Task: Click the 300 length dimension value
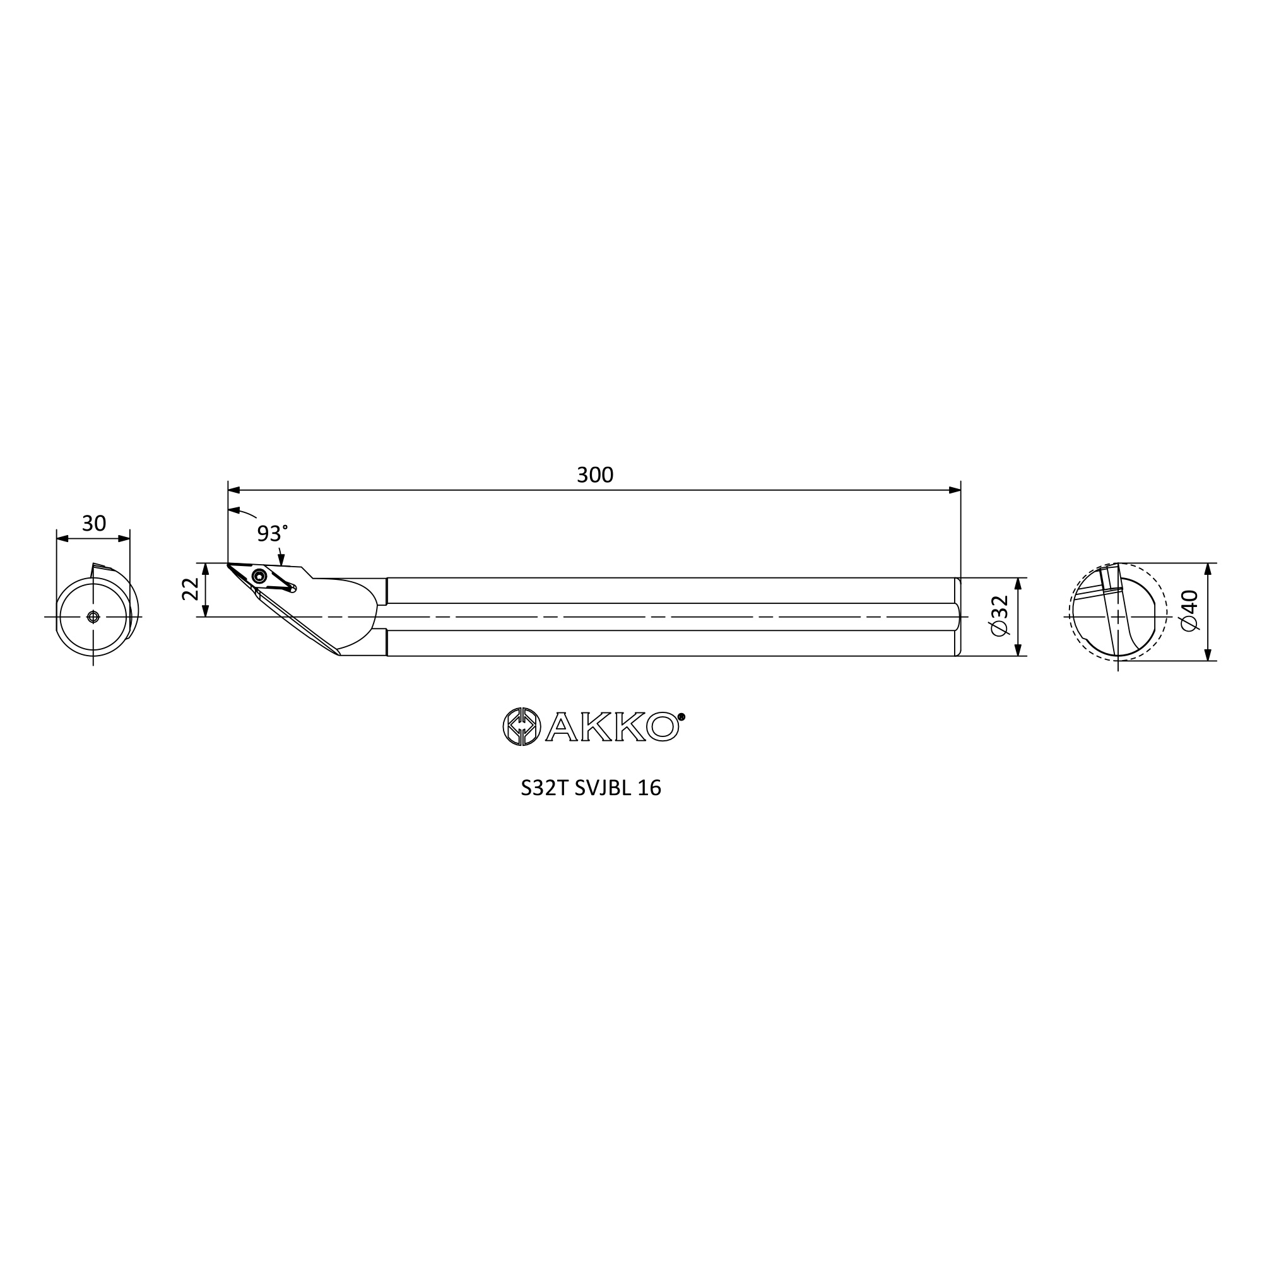pyautogui.click(x=594, y=475)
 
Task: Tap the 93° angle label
pyautogui.click(x=272, y=534)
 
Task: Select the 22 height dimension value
pyautogui.click(x=190, y=589)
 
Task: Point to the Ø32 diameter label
pyautogui.click(x=1000, y=615)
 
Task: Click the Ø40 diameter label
pyautogui.click(x=1190, y=610)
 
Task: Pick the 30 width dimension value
pyautogui.click(x=93, y=523)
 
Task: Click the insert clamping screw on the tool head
pyautogui.click(x=259, y=576)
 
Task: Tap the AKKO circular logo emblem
pyautogui.click(x=522, y=726)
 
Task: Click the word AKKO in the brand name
pyautogui.click(x=612, y=727)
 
